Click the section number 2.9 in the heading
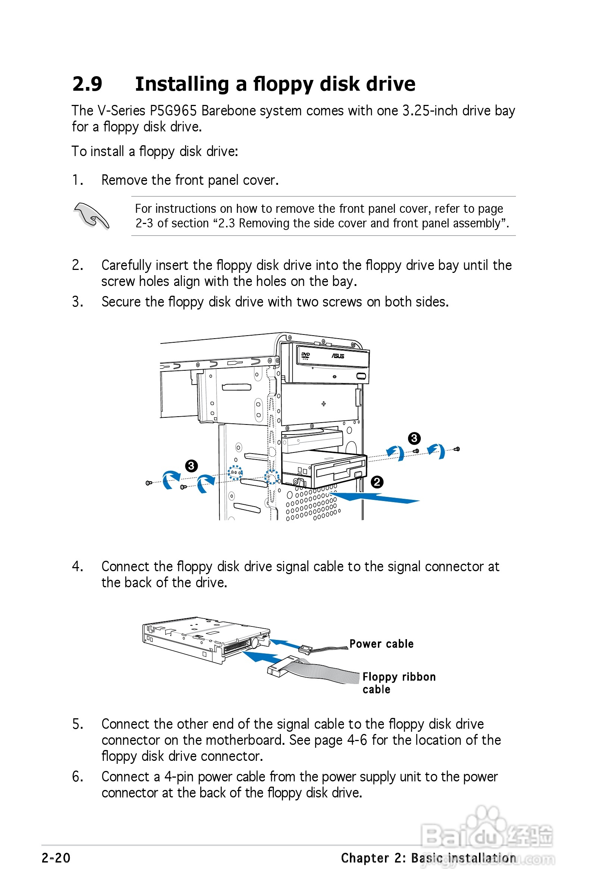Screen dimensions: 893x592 point(87,84)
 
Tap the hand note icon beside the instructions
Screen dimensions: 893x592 point(91,216)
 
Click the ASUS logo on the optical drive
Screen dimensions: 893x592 point(338,356)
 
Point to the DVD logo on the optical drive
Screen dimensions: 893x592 point(305,355)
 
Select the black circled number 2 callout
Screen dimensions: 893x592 point(377,482)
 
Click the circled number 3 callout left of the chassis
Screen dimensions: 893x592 point(191,466)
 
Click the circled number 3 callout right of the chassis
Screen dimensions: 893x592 point(414,438)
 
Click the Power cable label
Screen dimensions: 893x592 point(381,644)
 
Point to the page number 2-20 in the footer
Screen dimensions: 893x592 point(56,858)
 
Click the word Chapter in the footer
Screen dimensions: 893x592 point(365,858)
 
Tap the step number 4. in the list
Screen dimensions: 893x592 point(77,567)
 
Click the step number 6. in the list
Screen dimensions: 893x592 point(77,777)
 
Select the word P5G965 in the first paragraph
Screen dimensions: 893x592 point(173,111)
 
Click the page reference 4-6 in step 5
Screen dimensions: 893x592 point(357,740)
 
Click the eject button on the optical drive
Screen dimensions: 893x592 point(361,376)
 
